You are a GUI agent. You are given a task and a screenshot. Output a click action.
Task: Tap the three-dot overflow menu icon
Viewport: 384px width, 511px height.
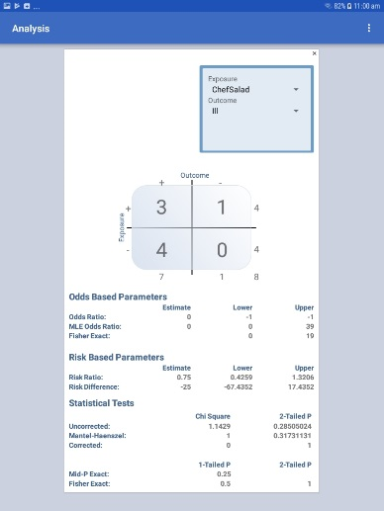pos(369,28)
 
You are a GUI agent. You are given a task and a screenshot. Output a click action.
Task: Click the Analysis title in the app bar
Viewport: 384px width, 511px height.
pos(32,28)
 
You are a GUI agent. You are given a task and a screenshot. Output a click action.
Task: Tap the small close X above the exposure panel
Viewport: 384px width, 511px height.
pos(315,53)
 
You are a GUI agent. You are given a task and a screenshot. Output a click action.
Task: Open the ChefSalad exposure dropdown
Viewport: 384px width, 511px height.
pos(255,90)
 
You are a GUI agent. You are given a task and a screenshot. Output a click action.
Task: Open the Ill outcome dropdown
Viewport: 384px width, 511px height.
pos(255,112)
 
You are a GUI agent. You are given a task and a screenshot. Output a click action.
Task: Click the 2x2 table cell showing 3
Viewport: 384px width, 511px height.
pos(160,208)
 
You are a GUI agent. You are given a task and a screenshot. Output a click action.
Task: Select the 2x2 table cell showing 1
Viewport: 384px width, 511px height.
pos(222,208)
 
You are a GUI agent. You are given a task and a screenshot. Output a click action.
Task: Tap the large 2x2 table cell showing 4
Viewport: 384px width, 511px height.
pos(160,249)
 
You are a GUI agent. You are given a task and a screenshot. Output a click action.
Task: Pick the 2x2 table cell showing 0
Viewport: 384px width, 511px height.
pos(222,249)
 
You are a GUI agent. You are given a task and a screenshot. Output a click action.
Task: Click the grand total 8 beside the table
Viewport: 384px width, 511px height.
pos(256,277)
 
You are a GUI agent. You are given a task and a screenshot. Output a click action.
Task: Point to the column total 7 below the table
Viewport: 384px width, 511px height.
pos(160,277)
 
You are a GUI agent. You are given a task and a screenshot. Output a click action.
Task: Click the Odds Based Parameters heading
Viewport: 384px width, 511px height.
pos(117,296)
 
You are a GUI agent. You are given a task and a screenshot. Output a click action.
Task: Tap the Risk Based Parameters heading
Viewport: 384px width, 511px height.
pos(116,357)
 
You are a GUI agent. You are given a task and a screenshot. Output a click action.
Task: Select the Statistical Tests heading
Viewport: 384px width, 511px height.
pos(102,402)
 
